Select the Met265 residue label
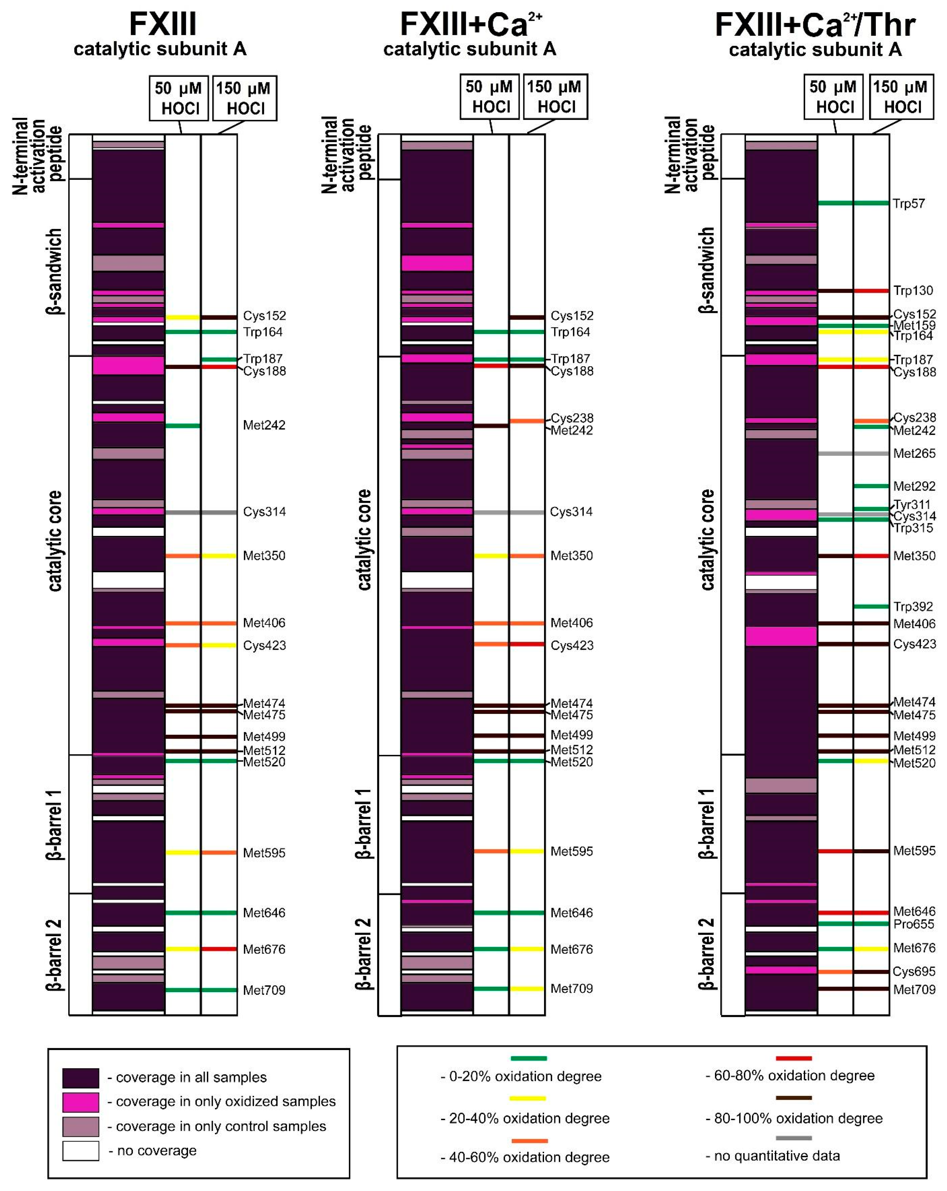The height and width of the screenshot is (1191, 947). [914, 453]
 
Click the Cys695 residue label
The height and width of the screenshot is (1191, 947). [914, 972]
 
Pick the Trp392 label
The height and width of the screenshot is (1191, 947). [913, 606]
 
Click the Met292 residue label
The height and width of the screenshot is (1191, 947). [914, 486]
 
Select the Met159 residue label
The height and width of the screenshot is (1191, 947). [914, 325]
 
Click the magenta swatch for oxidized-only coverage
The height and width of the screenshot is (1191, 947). [81, 1102]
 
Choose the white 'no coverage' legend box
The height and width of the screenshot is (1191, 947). [81, 1151]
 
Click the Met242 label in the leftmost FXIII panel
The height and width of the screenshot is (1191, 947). [264, 425]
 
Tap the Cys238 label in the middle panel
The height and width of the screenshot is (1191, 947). [572, 418]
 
